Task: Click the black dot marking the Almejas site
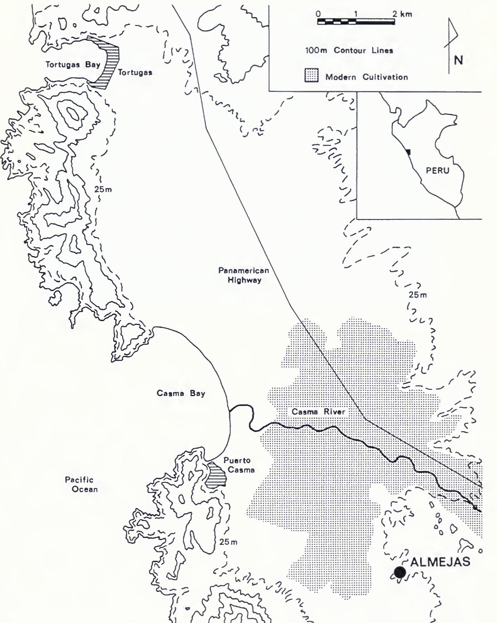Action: (x=400, y=572)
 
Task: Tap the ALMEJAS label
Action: (x=440, y=562)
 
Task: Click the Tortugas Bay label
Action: (x=73, y=65)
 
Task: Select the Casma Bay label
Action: (x=181, y=393)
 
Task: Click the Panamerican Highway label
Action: (x=244, y=275)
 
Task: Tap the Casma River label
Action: (x=318, y=411)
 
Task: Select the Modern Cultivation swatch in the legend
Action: (x=311, y=76)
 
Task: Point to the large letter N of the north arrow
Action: (x=458, y=61)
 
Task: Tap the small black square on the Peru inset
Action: (x=408, y=152)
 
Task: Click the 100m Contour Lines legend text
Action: (x=349, y=51)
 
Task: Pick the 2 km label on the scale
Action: (x=402, y=14)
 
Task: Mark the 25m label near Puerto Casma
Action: (x=228, y=542)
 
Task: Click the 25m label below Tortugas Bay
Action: (x=103, y=190)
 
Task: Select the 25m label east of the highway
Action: (x=417, y=295)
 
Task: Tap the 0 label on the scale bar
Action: (x=318, y=14)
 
